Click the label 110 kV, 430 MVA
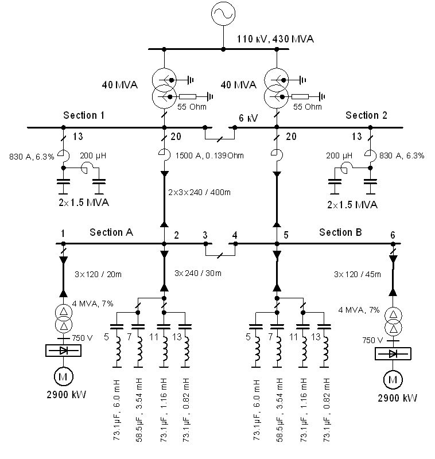point(275,39)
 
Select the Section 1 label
point(84,115)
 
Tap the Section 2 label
point(366,115)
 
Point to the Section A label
point(111,232)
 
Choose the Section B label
point(340,232)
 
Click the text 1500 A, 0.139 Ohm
point(209,155)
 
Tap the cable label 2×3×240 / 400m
point(199,192)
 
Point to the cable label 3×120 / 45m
point(358,274)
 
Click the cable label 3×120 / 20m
point(98,274)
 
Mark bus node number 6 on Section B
point(393,235)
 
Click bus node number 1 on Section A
point(63,234)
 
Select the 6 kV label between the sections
point(248,118)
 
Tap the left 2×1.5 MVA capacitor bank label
point(84,203)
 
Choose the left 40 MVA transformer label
point(120,84)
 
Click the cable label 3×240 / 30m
point(198,273)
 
